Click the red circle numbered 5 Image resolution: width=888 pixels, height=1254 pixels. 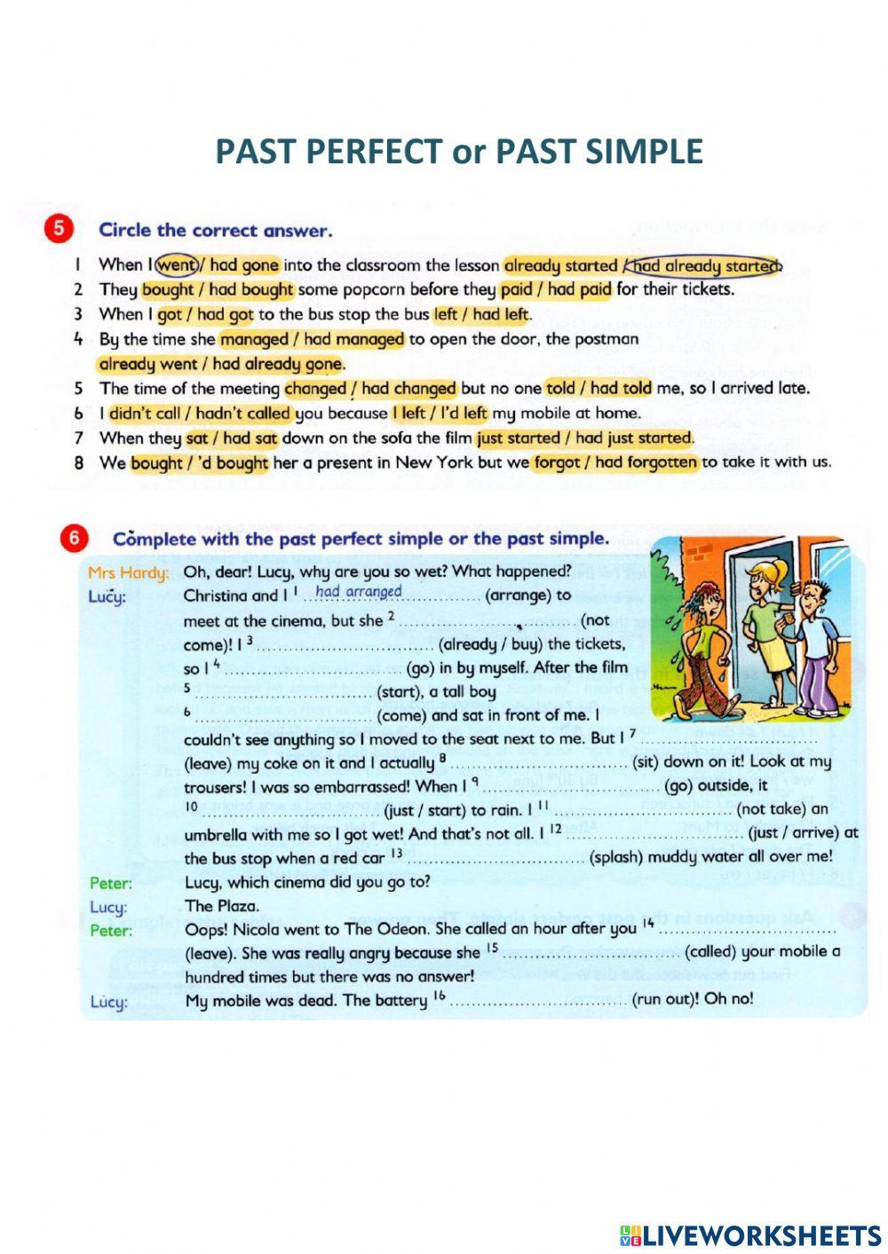(58, 228)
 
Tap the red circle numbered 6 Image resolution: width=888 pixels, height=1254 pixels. (74, 538)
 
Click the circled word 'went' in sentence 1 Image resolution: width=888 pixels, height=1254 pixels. (177, 264)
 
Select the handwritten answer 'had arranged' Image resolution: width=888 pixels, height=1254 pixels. (358, 592)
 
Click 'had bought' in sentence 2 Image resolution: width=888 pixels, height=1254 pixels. (250, 289)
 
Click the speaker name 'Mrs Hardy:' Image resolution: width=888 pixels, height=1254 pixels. (128, 572)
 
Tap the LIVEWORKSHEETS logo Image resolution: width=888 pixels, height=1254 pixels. (749, 1235)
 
